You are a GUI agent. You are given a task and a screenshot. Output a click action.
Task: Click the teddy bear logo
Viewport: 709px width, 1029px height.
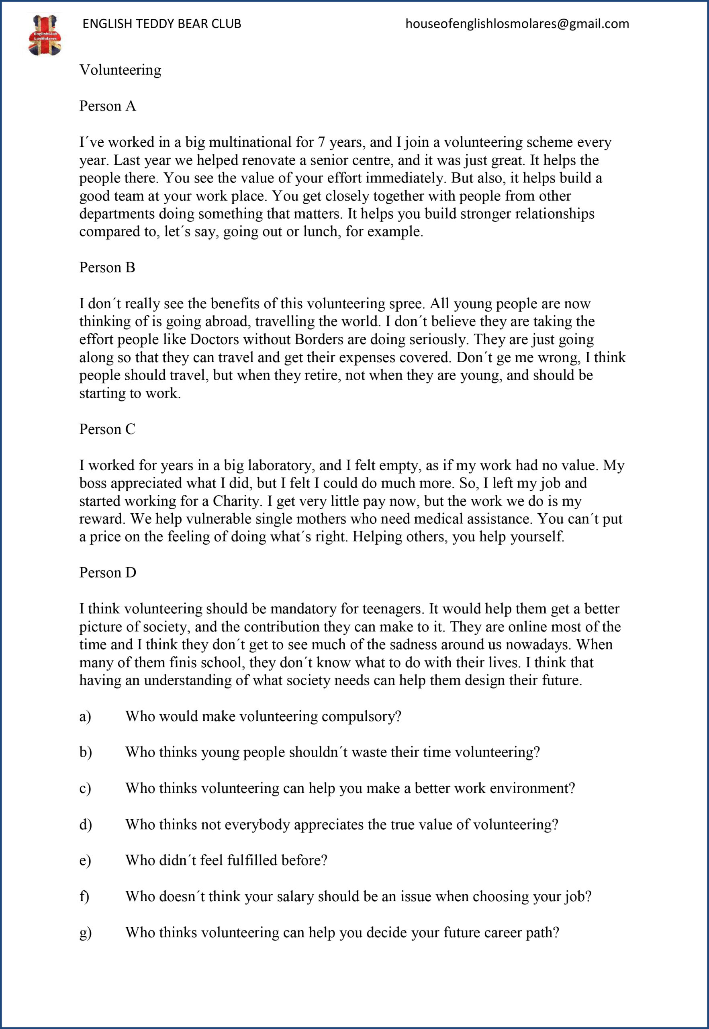click(45, 35)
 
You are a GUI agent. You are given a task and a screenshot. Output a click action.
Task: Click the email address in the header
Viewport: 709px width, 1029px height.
click(517, 24)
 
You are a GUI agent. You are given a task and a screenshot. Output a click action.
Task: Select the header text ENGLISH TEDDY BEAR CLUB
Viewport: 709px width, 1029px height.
click(162, 24)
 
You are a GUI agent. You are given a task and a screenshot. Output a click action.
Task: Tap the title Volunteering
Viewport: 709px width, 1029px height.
click(120, 70)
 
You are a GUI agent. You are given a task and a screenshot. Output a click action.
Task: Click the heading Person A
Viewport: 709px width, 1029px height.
click(108, 106)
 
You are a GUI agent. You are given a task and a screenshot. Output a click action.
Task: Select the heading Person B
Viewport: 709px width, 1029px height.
click(107, 268)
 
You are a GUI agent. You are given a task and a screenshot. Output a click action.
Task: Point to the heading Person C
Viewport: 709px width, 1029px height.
click(107, 429)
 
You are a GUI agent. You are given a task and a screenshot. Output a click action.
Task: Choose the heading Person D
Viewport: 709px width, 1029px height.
click(108, 572)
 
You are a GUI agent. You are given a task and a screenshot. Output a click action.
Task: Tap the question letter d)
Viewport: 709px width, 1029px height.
click(85, 824)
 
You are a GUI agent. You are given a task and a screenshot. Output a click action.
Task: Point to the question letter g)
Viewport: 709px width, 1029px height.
click(85, 933)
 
